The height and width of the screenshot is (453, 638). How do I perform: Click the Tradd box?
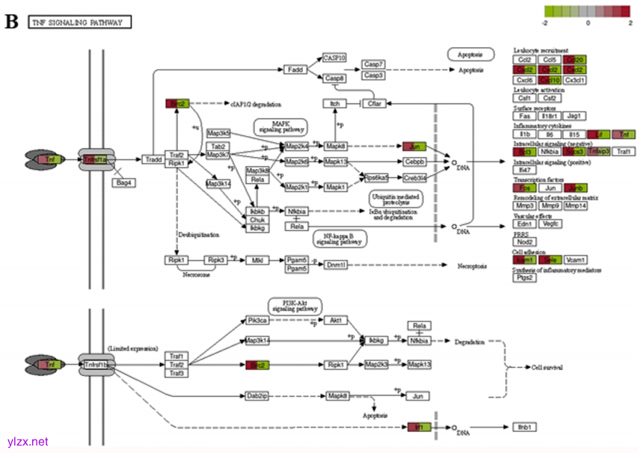(x=153, y=159)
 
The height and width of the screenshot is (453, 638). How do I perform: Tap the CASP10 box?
(x=334, y=58)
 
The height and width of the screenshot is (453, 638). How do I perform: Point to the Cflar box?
(x=373, y=103)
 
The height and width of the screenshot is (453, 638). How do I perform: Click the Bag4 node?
(x=123, y=182)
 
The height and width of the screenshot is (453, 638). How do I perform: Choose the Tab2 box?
(x=218, y=147)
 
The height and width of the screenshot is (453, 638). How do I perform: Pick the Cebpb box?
(x=415, y=161)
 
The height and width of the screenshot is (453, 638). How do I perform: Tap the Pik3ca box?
(x=257, y=321)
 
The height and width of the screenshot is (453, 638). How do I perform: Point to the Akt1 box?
(x=337, y=321)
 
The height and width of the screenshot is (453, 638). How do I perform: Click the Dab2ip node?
(x=257, y=395)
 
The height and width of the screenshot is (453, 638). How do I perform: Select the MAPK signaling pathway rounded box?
(x=280, y=126)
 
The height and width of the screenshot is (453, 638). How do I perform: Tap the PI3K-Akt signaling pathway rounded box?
(x=293, y=304)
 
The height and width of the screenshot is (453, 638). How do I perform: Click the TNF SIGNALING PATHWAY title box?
(x=79, y=22)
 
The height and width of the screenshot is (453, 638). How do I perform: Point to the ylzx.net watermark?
(x=27, y=442)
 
